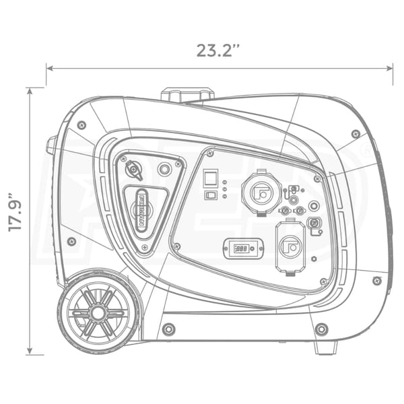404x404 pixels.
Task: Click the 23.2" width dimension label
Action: pyautogui.click(x=218, y=50)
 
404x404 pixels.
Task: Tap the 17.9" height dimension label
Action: pyautogui.click(x=15, y=212)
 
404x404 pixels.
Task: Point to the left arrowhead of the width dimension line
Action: pyautogui.click(x=49, y=69)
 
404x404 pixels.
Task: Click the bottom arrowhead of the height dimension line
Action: pyautogui.click(x=30, y=350)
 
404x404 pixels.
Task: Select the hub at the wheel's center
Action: pyautogui.click(x=98, y=313)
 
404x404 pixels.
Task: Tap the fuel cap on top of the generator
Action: pyautogui.click(x=187, y=95)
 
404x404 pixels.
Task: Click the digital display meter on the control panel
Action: pyautogui.click(x=243, y=249)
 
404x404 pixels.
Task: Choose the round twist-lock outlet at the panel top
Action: pyautogui.click(x=261, y=192)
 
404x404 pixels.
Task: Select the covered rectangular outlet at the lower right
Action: pyautogui.click(x=290, y=247)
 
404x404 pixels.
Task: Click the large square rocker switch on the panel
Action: pyautogui.click(x=211, y=178)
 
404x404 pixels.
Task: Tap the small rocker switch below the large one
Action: pyautogui.click(x=211, y=195)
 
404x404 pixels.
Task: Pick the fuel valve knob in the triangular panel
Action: pyautogui.click(x=133, y=170)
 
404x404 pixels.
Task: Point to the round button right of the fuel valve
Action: pyautogui.click(x=164, y=169)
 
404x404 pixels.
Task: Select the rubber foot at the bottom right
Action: pyautogui.click(x=326, y=347)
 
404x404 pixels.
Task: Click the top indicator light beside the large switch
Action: pyautogui.click(x=224, y=182)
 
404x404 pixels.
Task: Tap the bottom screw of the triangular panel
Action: pyautogui.click(x=145, y=247)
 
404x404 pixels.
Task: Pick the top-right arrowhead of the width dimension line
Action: pyautogui.click(x=389, y=69)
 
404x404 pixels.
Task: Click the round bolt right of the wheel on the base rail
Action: pyautogui.click(x=169, y=329)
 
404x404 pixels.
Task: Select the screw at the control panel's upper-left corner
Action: pyautogui.click(x=210, y=154)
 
